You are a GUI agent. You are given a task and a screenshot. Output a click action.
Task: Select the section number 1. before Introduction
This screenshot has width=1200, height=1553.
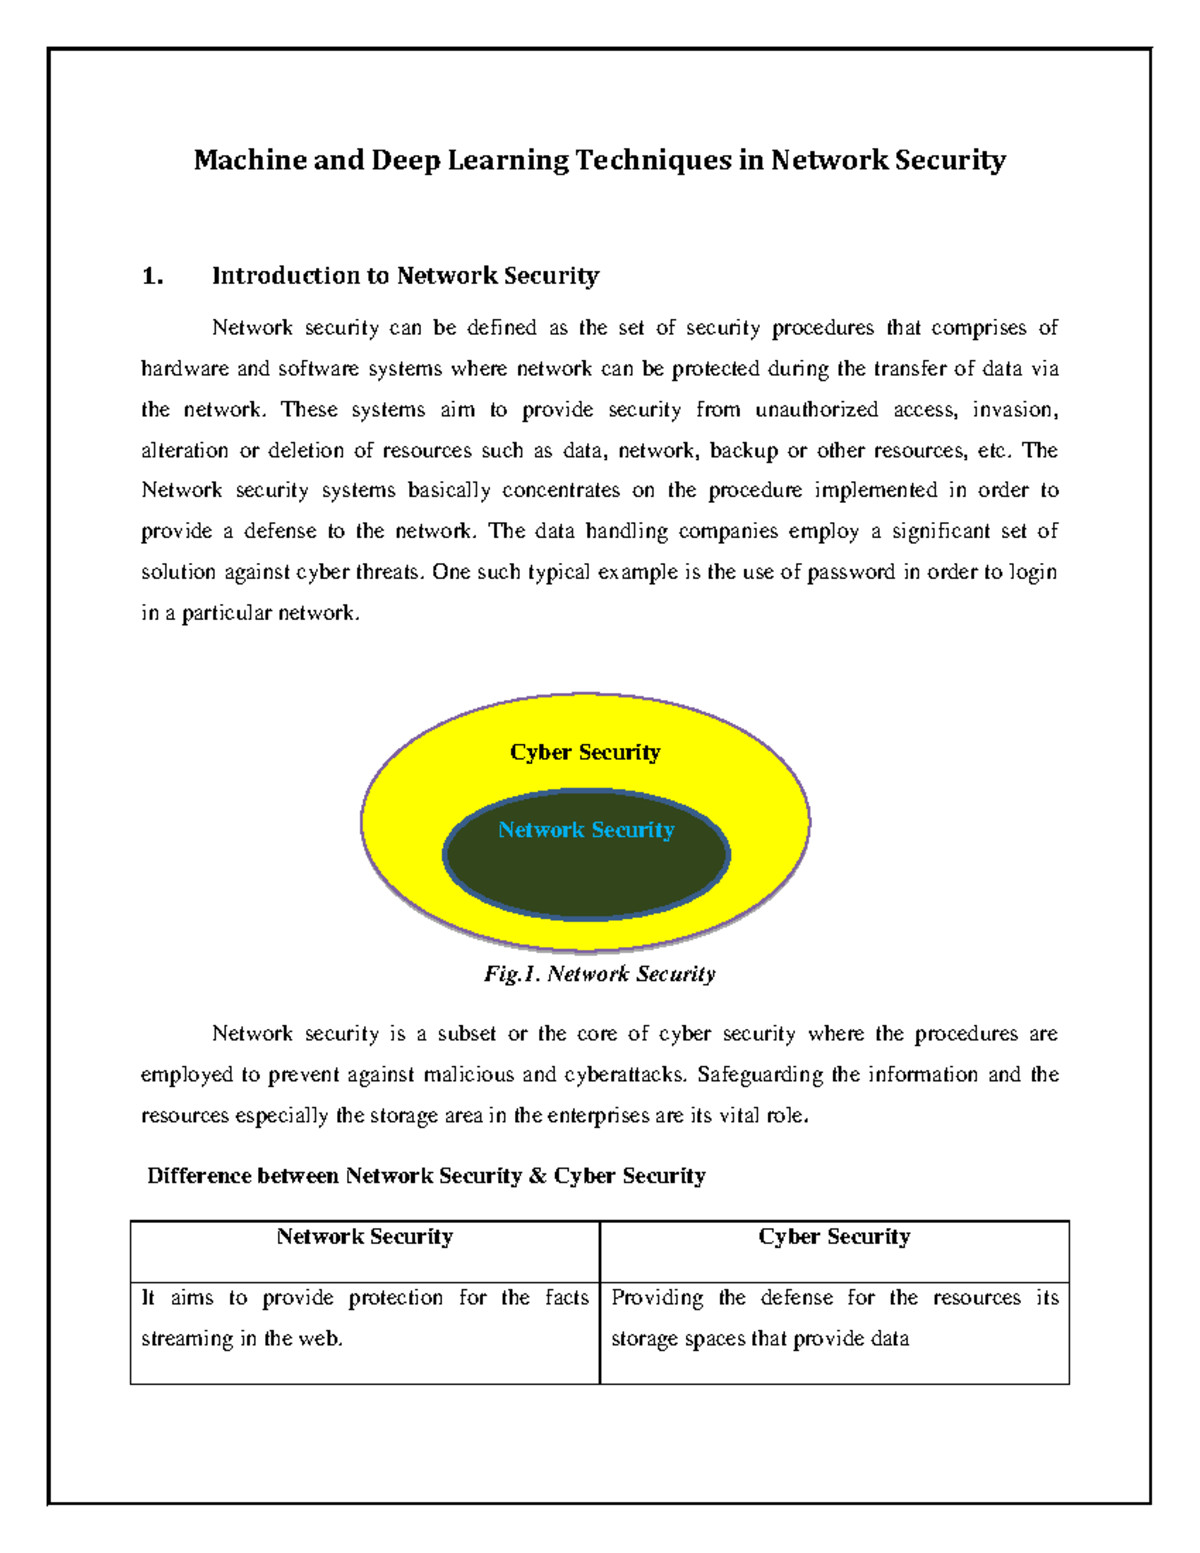click(x=152, y=276)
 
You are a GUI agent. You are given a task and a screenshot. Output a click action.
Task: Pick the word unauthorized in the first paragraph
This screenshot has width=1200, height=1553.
click(x=816, y=410)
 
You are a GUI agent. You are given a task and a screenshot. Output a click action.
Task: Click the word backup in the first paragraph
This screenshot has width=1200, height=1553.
click(x=743, y=451)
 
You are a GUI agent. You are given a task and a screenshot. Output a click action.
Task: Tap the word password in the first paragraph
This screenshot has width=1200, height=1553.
click(x=851, y=573)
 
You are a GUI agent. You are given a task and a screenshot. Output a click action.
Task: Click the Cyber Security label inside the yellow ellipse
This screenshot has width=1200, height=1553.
click(x=585, y=752)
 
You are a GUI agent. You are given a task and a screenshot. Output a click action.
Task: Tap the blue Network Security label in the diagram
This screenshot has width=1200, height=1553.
click(x=586, y=830)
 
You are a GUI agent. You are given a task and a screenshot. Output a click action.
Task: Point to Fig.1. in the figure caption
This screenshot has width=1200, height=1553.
click(x=512, y=974)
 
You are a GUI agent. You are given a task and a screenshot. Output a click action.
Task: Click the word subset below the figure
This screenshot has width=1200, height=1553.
click(x=466, y=1034)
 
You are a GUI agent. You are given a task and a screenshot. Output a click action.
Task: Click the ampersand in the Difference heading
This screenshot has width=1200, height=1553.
click(x=538, y=1176)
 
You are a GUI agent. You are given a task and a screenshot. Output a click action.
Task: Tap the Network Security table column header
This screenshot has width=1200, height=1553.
click(x=365, y=1237)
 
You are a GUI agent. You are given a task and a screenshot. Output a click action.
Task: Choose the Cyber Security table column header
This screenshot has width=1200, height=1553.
click(x=834, y=1237)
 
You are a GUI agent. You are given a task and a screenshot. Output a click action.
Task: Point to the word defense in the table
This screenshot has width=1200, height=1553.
click(x=796, y=1298)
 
